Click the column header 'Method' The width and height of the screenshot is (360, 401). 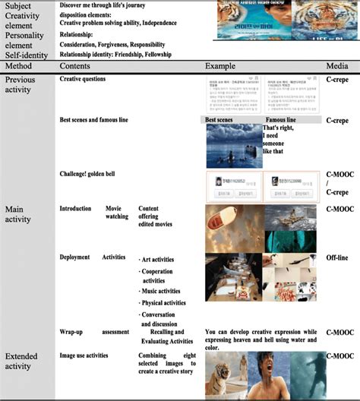pos(21,68)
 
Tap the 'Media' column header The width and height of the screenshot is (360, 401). pos(337,68)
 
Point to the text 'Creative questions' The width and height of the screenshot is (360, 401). pos(83,79)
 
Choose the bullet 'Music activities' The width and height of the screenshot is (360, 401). pos(161,291)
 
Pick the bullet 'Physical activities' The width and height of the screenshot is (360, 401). pos(163,302)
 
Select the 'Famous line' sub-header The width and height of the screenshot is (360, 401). pos(281,120)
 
